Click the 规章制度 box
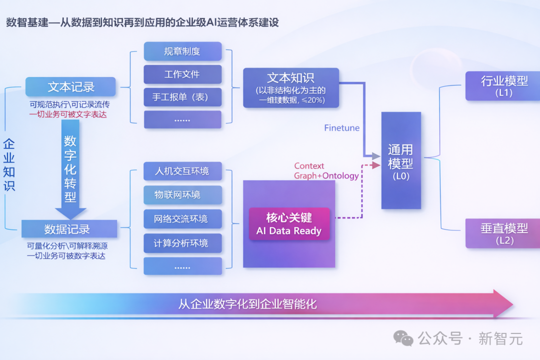click(x=182, y=51)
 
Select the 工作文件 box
click(x=182, y=74)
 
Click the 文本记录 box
click(x=70, y=87)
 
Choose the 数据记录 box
click(x=69, y=229)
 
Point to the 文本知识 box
click(x=291, y=88)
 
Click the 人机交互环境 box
click(x=182, y=171)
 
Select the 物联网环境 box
click(x=182, y=195)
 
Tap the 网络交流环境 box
click(x=182, y=219)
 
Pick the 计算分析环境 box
click(x=182, y=243)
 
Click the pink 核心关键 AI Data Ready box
click(x=289, y=224)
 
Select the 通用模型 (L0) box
click(x=401, y=160)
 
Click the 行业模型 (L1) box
click(x=502, y=85)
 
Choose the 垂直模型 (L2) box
click(x=502, y=233)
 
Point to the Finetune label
click(x=341, y=128)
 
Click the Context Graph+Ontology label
click(x=326, y=171)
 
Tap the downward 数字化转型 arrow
click(x=70, y=170)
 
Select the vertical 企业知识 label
click(x=9, y=165)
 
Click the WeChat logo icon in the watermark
click(x=403, y=338)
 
